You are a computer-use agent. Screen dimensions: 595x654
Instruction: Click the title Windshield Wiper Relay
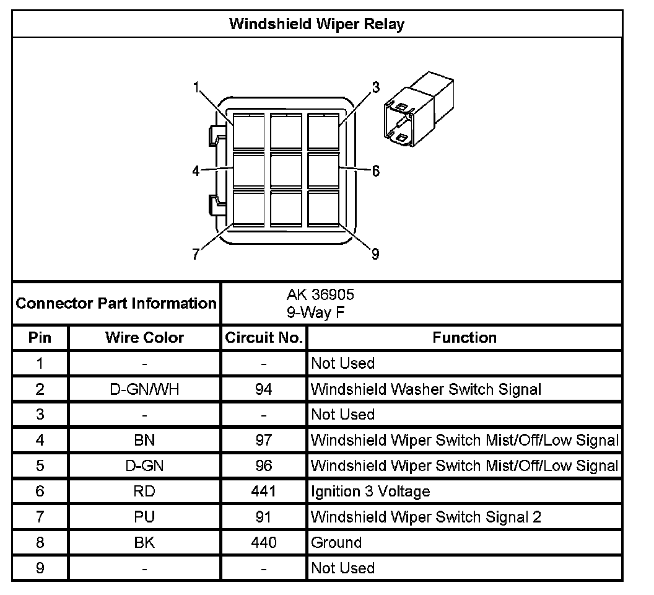click(x=316, y=24)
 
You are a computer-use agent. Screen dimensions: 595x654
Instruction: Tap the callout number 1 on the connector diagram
click(x=196, y=87)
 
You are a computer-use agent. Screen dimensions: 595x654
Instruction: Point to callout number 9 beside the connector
click(x=375, y=253)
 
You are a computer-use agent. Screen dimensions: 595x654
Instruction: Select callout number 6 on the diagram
click(x=375, y=171)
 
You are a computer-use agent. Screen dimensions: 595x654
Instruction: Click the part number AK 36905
click(x=320, y=294)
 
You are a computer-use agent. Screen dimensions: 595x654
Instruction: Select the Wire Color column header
click(x=144, y=338)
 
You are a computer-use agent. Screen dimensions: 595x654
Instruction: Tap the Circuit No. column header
click(x=264, y=338)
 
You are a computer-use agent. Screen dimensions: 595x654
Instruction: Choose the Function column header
click(x=464, y=338)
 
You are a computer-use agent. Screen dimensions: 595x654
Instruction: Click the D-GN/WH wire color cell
click(x=144, y=389)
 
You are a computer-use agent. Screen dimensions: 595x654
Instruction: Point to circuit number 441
click(x=264, y=491)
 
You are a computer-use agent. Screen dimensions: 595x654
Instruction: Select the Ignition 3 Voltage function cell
click(x=370, y=491)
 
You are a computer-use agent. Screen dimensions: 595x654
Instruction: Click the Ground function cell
click(x=336, y=542)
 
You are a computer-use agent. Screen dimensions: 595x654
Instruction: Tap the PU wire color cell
click(x=144, y=517)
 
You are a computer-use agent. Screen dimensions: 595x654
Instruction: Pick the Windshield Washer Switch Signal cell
click(x=426, y=389)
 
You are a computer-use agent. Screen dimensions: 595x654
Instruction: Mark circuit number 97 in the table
click(x=264, y=440)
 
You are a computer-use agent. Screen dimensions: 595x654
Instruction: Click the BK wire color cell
click(x=144, y=542)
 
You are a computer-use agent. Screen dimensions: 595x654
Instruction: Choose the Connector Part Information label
click(x=116, y=304)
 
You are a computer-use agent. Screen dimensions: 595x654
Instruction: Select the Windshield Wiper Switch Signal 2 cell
click(x=426, y=517)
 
